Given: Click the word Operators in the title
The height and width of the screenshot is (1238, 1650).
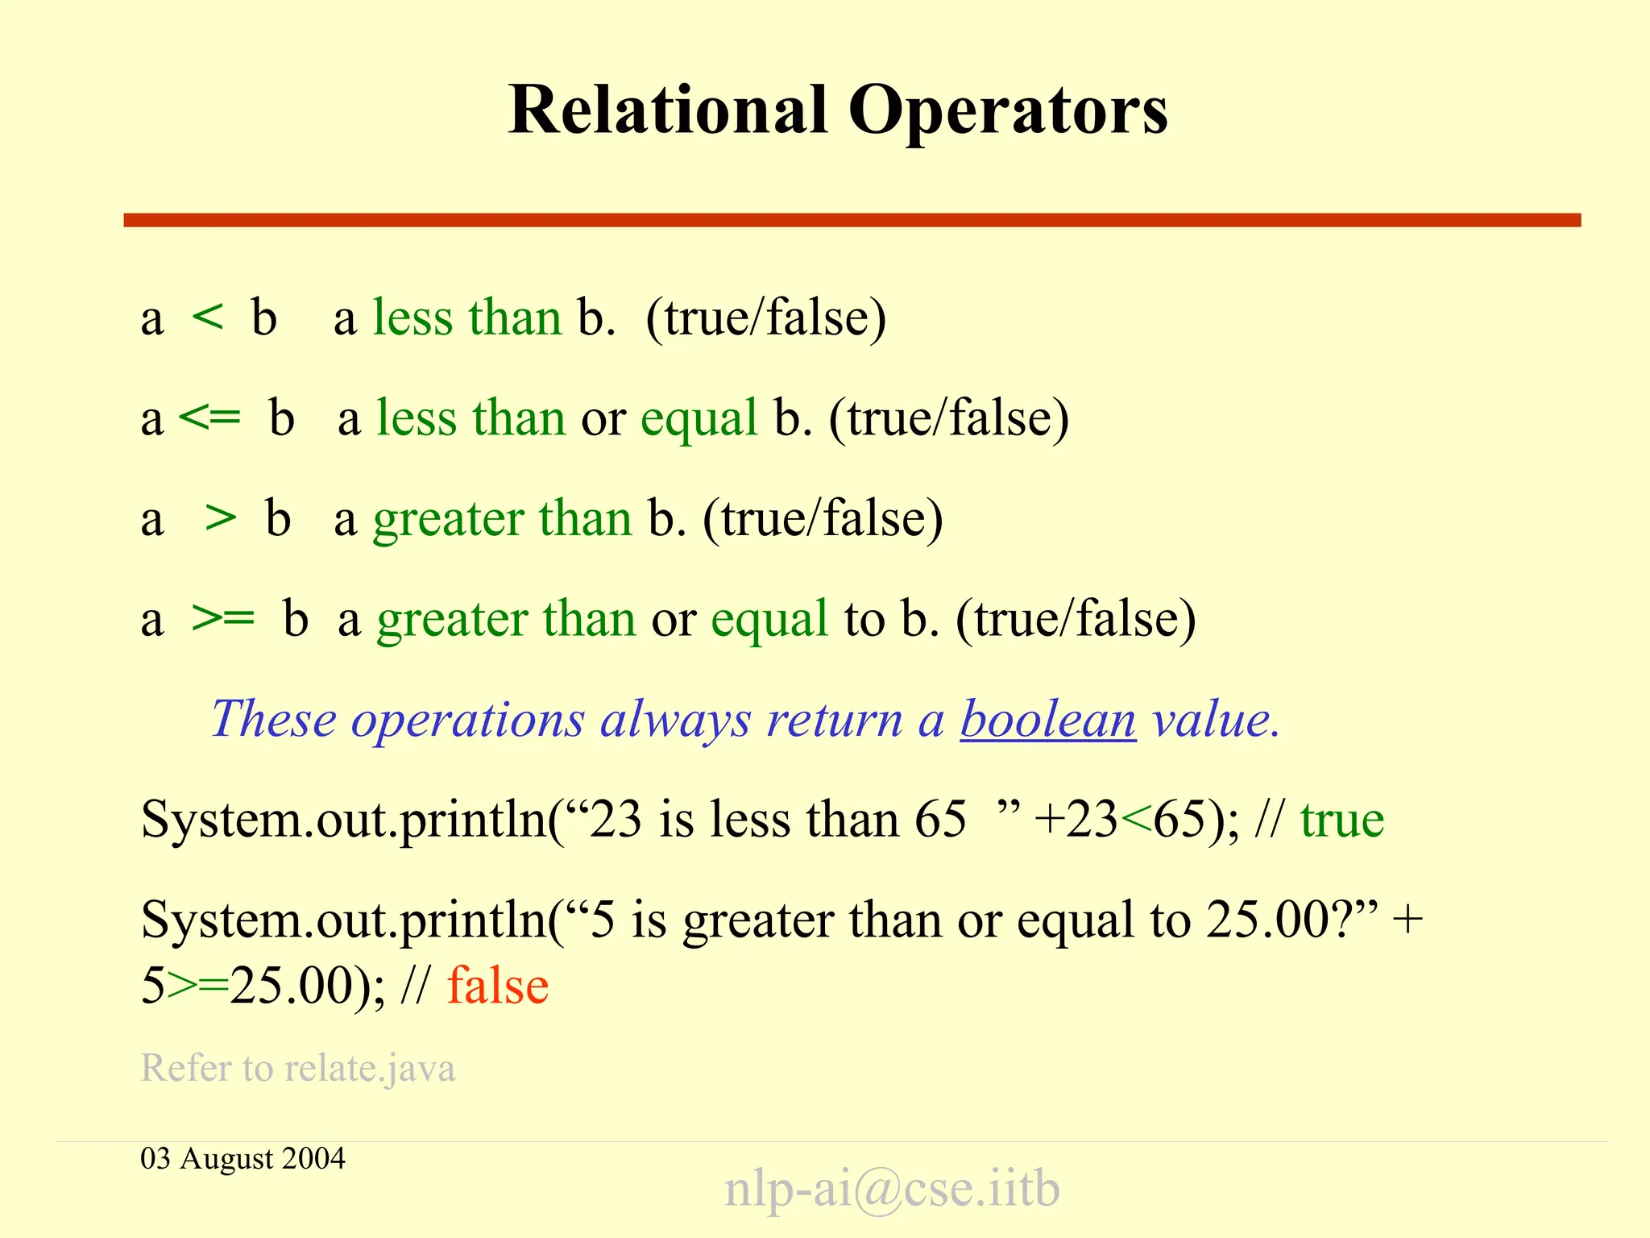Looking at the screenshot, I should coord(1008,111).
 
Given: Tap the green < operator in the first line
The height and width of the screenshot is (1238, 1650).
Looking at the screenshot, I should coord(208,317).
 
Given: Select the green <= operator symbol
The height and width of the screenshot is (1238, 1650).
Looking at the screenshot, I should coord(209,418).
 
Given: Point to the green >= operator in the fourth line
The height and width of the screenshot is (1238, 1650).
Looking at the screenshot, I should coord(223,618).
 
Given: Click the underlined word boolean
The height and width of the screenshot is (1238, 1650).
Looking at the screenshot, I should coord(1047,719).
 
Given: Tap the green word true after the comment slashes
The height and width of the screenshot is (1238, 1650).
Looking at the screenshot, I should coord(1342,820).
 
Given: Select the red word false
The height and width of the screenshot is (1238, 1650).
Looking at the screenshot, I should coord(498,986).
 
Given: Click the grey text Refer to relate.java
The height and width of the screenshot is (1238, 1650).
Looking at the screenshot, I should coord(298,1068).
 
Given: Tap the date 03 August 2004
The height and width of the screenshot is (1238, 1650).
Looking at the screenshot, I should coord(243,1158).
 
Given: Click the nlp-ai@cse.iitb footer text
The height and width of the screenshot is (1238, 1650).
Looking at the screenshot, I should coord(892,1188).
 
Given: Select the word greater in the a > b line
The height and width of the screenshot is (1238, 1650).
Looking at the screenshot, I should coord(447,519).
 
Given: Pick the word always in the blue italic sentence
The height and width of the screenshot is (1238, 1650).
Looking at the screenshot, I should coord(675,719).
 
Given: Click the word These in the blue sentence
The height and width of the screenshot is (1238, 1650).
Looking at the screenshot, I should coord(274,719).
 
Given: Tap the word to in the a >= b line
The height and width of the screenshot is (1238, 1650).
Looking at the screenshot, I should coord(864,619).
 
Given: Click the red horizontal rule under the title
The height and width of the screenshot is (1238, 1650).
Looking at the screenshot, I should coord(852,220).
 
